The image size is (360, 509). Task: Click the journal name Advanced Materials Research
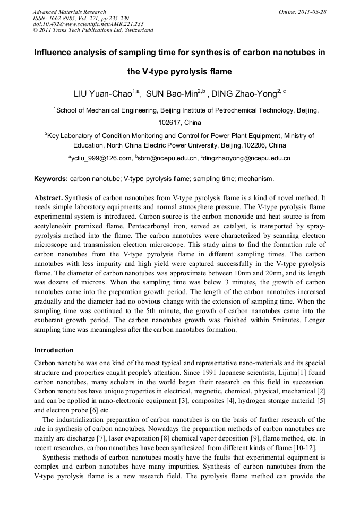click(x=69, y=12)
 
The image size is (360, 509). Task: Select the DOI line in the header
click(x=88, y=24)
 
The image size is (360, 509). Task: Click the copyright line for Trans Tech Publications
click(x=93, y=30)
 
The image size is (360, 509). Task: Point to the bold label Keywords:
click(x=51, y=179)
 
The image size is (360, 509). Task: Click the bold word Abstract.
click(x=48, y=197)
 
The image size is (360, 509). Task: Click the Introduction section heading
click(x=54, y=350)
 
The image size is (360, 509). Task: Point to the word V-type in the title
click(x=152, y=71)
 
